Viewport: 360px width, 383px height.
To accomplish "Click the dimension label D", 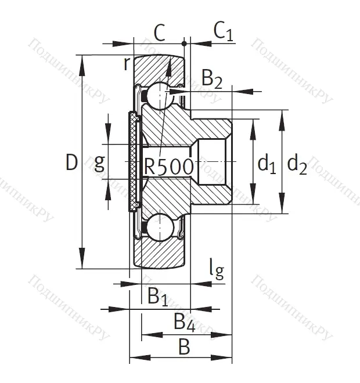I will [71, 163].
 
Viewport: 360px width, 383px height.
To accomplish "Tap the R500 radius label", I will [168, 167].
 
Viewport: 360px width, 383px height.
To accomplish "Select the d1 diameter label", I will [266, 164].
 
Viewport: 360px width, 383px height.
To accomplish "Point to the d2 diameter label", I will [297, 164].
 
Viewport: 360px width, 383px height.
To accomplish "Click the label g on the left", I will [99, 163].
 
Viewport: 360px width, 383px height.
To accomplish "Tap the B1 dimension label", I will [157, 297].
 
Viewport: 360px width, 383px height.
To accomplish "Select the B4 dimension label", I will [184, 320].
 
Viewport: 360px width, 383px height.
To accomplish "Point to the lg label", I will [216, 269].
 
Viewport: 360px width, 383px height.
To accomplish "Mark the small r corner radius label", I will [127, 63].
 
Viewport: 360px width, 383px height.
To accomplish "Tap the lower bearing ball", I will [157, 227].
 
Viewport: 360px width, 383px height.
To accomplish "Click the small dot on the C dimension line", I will [184, 44].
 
